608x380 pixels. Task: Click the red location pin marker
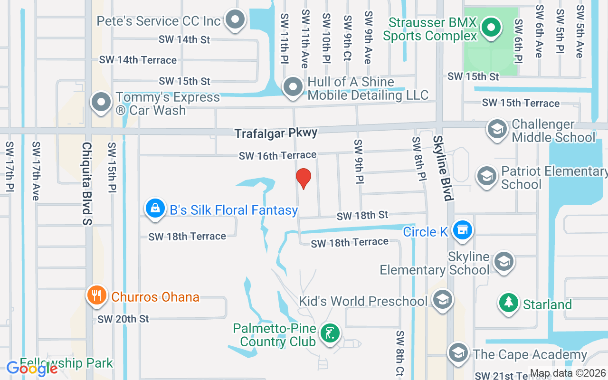click(x=303, y=178)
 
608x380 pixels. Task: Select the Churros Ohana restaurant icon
click(x=97, y=295)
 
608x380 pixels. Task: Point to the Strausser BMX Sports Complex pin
click(x=491, y=28)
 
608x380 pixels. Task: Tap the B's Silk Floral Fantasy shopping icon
click(x=155, y=208)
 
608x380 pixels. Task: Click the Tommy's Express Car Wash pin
click(x=101, y=102)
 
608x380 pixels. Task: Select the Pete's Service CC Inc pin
click(x=235, y=20)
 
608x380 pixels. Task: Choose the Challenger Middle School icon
click(x=497, y=129)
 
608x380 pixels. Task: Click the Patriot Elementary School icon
click(x=486, y=176)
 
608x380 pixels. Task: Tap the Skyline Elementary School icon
click(x=503, y=261)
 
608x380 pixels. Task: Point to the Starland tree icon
click(x=509, y=302)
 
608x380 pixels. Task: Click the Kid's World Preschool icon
click(x=443, y=300)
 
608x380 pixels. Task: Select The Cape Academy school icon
click(x=458, y=352)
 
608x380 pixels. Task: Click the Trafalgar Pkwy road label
click(x=276, y=133)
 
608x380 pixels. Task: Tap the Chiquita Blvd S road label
click(x=86, y=183)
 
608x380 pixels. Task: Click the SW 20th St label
click(x=123, y=319)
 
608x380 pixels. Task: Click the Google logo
click(x=32, y=368)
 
